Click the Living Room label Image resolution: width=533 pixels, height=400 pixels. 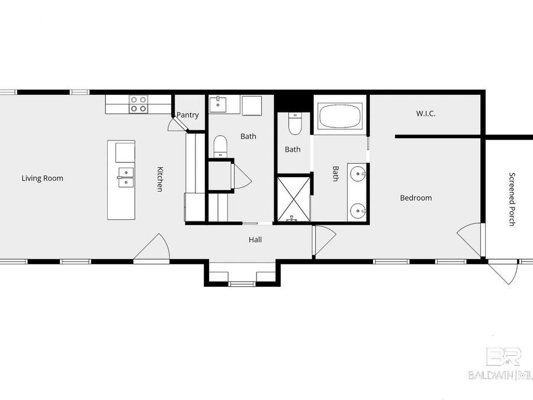click(x=42, y=178)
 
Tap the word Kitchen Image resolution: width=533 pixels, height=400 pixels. click(x=159, y=178)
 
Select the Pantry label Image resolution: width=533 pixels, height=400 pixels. click(x=188, y=116)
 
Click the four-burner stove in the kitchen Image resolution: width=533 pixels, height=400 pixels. click(x=139, y=104)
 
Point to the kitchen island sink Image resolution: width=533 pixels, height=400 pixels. click(x=126, y=177)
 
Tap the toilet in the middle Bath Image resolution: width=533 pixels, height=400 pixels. click(x=294, y=123)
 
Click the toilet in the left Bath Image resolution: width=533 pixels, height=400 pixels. click(x=220, y=146)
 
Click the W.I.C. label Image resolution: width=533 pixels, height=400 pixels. click(x=426, y=113)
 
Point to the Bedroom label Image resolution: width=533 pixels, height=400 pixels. click(x=416, y=198)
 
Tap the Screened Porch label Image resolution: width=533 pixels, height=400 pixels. click(x=512, y=199)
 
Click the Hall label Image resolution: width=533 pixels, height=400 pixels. click(x=255, y=240)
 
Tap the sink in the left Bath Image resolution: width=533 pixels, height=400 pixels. click(x=219, y=104)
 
